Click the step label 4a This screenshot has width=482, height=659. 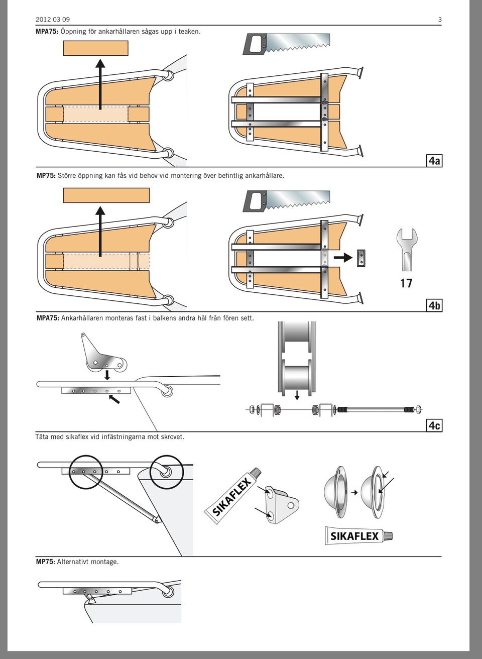pos(434,161)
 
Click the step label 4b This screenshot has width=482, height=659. pos(434,305)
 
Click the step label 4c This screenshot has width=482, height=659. pos(434,425)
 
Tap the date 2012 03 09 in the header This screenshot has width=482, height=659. pos(53,20)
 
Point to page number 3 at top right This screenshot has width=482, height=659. pos(440,20)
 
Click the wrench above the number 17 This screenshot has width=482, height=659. pos(407,249)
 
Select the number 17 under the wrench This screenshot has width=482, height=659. pos(406,283)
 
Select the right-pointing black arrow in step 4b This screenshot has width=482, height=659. pos(343,258)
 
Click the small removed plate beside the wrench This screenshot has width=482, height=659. pos(360,258)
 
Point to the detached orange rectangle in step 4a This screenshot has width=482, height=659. pos(95,48)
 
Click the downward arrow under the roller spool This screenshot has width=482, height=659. pos(297,395)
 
